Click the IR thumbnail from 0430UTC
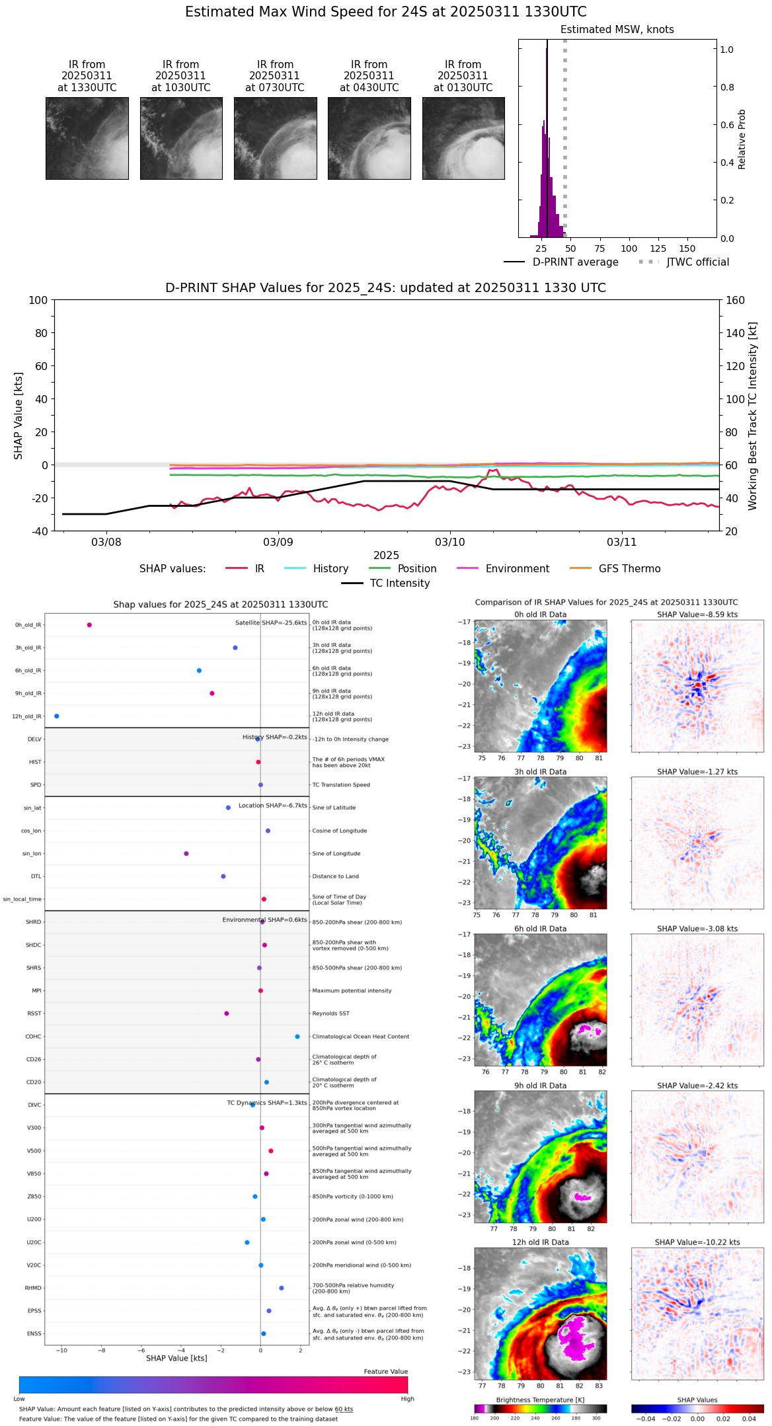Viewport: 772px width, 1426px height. [x=369, y=138]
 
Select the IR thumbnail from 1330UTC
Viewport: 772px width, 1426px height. [x=87, y=138]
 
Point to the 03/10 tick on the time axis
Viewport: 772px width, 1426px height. [x=449, y=542]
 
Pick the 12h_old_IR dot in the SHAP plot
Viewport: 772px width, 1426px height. [x=56, y=716]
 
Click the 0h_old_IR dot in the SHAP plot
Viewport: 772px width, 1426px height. [x=89, y=625]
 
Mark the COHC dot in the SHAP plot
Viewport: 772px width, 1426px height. [x=297, y=1037]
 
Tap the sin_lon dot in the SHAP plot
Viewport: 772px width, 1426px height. [x=186, y=854]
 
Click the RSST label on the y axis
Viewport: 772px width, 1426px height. [x=34, y=1014]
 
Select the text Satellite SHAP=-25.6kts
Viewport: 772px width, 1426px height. [x=271, y=623]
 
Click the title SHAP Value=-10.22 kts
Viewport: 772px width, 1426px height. [x=697, y=1243]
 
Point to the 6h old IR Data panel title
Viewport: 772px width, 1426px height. [x=540, y=929]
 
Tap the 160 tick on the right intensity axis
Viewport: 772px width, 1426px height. [x=735, y=301]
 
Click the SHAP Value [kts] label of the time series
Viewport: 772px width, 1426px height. [x=19, y=416]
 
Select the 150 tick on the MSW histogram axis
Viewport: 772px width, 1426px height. [x=687, y=249]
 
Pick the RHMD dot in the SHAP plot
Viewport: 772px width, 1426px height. [x=282, y=1288]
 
